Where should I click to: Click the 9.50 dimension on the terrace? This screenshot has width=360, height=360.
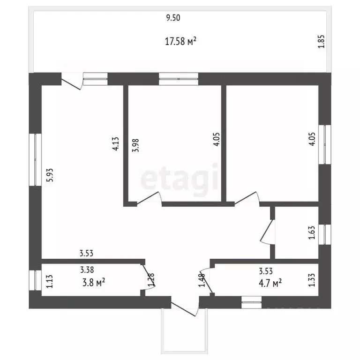tap(173, 18)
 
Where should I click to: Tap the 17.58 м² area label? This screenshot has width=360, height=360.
tap(180, 41)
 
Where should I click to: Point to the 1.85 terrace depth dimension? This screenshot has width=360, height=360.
tap(321, 42)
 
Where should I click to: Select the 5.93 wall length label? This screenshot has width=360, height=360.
tap(50, 175)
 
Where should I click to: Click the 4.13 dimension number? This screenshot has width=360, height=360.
tap(115, 144)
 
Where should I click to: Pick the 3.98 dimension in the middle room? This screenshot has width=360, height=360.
tap(135, 145)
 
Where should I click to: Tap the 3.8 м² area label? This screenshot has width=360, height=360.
tap(94, 282)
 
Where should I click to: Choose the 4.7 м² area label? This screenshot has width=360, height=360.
tap(270, 283)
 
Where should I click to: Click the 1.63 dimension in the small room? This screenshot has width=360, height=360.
tap(312, 233)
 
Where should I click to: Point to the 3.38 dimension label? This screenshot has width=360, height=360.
tap(87, 270)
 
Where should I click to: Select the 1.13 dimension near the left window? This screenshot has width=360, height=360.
tap(49, 281)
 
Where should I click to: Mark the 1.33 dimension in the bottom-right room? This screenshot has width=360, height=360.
tap(312, 280)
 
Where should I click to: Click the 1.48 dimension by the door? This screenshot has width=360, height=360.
tap(202, 280)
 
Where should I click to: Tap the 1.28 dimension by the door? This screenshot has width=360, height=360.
tap(151, 280)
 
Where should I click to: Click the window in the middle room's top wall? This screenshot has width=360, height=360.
tap(179, 79)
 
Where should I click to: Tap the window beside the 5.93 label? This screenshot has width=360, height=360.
tap(35, 159)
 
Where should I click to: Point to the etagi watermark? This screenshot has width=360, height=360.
tap(180, 180)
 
